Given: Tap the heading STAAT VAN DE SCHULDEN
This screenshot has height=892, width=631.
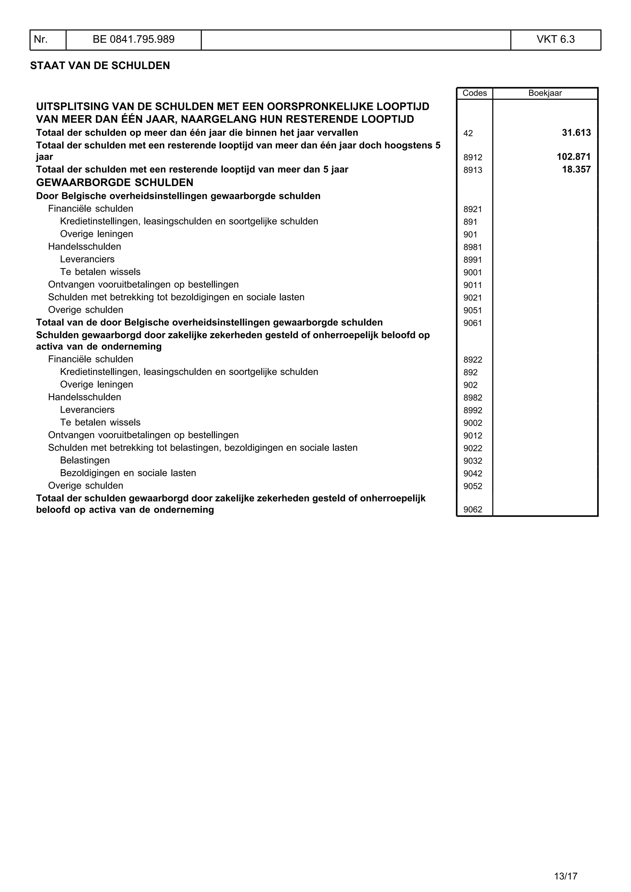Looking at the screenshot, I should pos(100,66).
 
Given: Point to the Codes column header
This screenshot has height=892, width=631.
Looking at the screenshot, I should pos(474,93).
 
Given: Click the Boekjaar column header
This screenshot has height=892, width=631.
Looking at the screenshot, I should pos(545,93).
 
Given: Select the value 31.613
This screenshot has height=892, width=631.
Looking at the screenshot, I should pos(576,133).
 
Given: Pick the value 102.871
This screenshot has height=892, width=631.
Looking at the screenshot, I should pos(573,157).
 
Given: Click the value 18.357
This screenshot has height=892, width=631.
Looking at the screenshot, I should pos(576,169).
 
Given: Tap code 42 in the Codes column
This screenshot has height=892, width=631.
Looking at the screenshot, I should pos(468,134).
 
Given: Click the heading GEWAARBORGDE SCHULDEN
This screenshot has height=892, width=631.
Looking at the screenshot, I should pos(115,183).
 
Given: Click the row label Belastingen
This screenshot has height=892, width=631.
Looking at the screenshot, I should pos(85,460).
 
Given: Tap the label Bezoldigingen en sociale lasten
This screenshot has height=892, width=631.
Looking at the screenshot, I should pos(128,473).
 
